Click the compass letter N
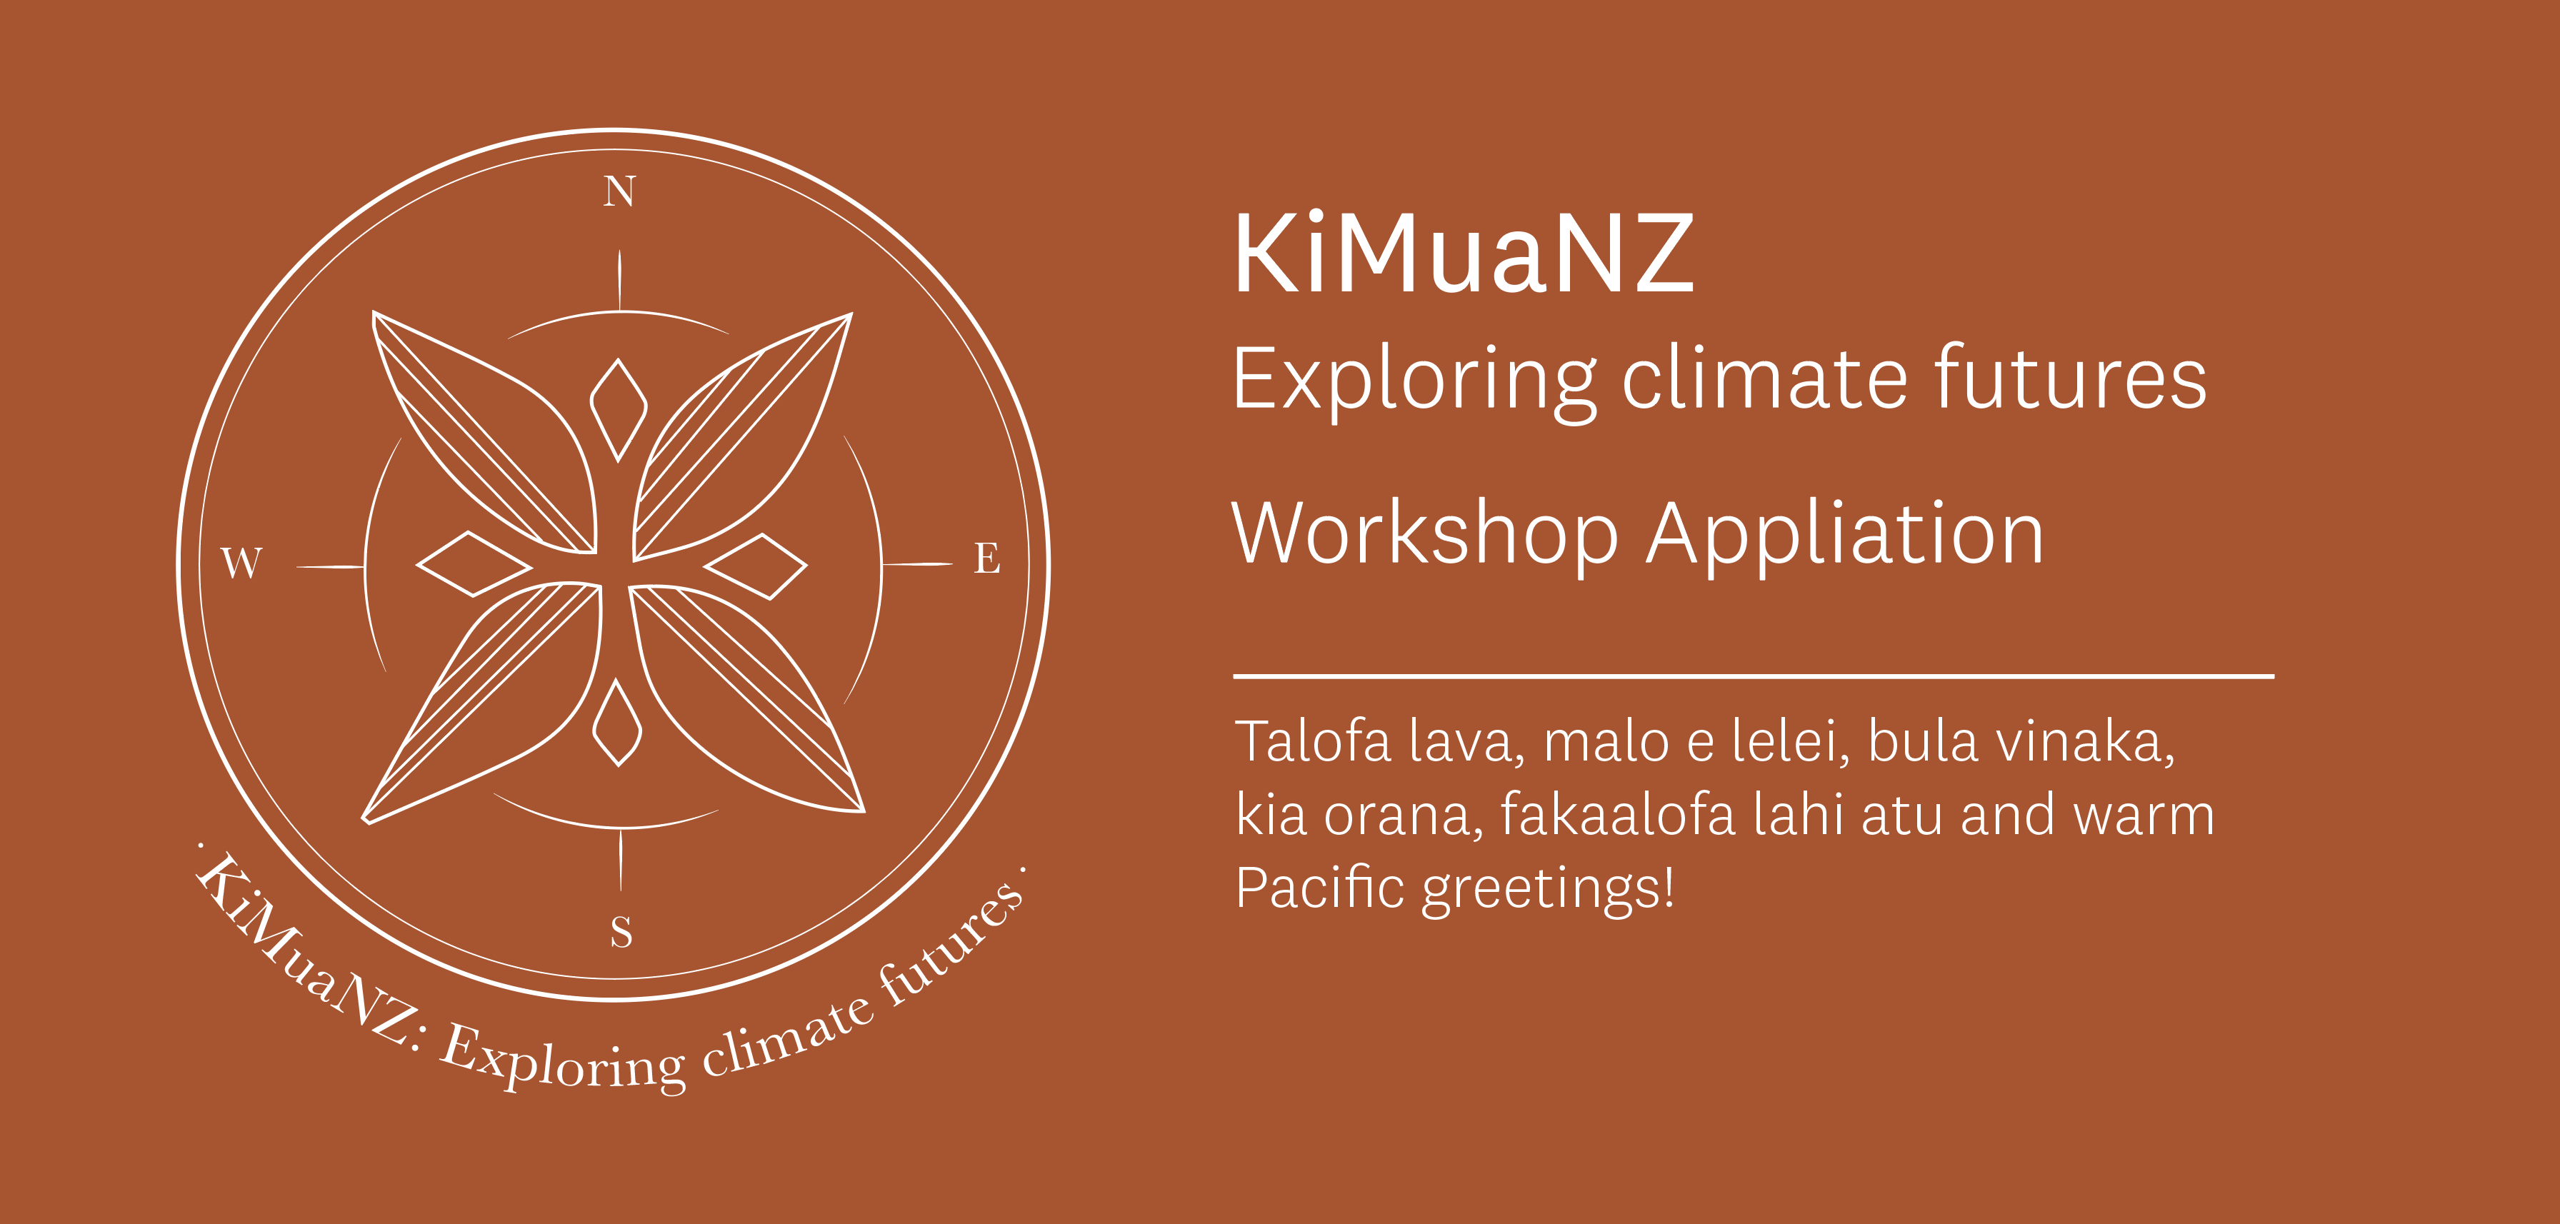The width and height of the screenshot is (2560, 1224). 619,191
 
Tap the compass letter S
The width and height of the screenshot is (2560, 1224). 621,932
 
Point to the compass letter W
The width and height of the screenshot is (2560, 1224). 241,563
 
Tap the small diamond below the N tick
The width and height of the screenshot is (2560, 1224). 618,409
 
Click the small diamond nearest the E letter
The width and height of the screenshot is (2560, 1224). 755,566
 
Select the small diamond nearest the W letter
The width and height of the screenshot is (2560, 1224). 474,563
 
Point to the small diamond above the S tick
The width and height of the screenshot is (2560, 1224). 617,722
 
